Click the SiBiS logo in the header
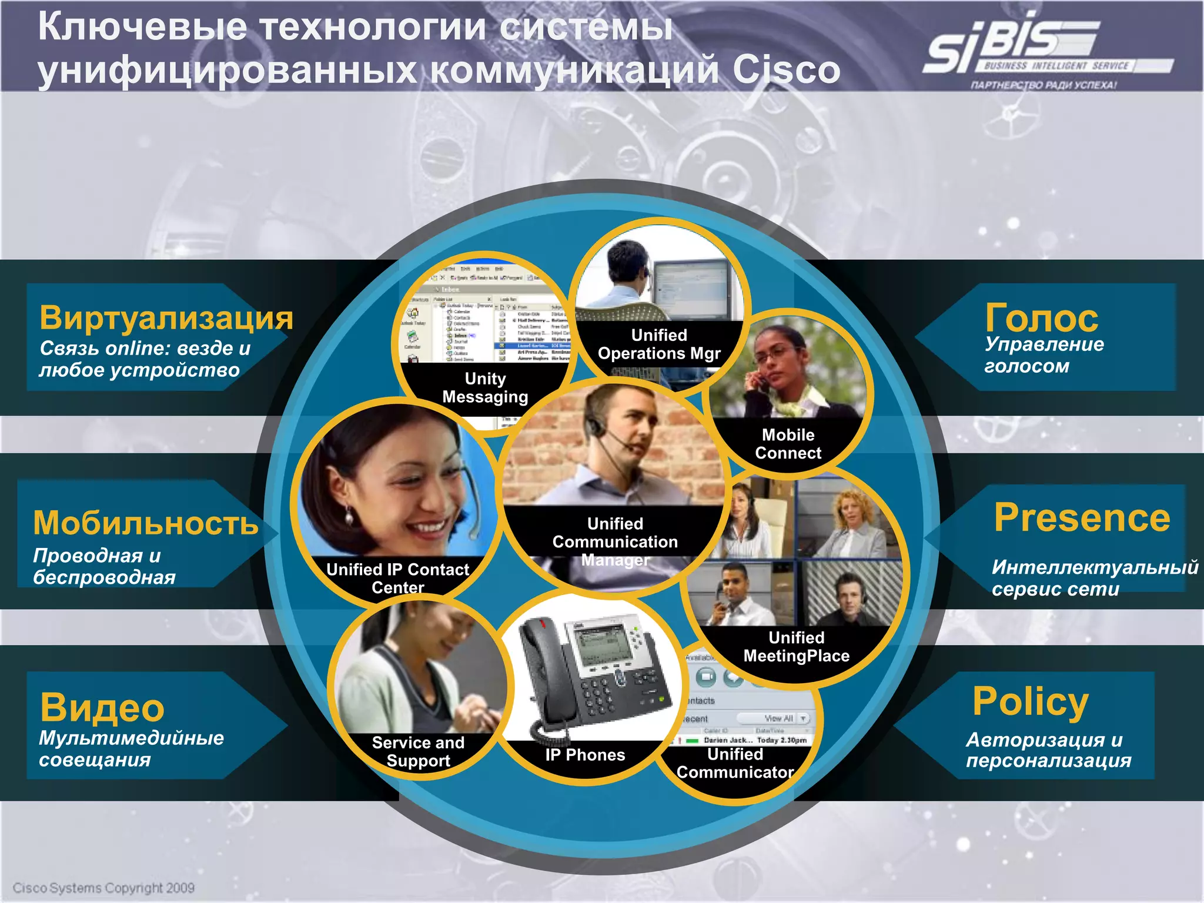pyautogui.click(x=1035, y=50)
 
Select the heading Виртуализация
pyautogui.click(x=166, y=318)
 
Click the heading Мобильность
pyautogui.click(x=145, y=523)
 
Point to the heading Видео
pyautogui.click(x=102, y=707)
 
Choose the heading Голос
pyautogui.click(x=1041, y=318)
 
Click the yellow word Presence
pyautogui.click(x=1082, y=518)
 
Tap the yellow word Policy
pyautogui.click(x=1030, y=701)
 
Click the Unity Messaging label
pyautogui.click(x=485, y=388)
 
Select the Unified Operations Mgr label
pyautogui.click(x=659, y=345)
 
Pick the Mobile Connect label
pyautogui.click(x=788, y=444)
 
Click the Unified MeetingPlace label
pyautogui.click(x=796, y=647)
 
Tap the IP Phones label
pyautogui.click(x=585, y=755)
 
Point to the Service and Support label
pyautogui.click(x=418, y=751)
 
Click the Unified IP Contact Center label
pyautogui.click(x=398, y=578)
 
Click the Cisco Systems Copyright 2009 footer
pyautogui.click(x=103, y=888)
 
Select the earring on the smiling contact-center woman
pyautogui.click(x=349, y=517)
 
